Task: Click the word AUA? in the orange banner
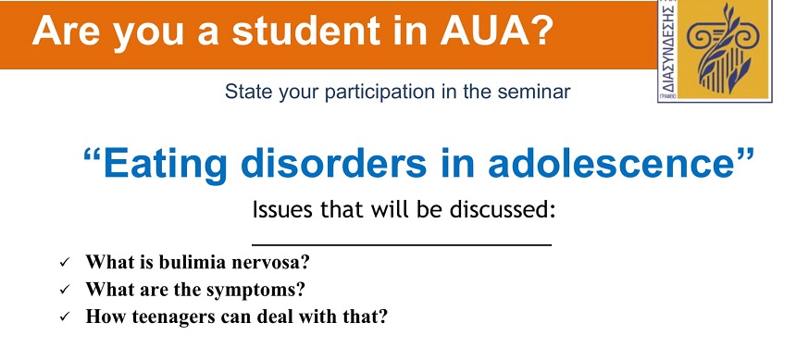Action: coord(496,31)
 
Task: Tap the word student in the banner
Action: coord(306,31)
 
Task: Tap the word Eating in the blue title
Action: coord(164,164)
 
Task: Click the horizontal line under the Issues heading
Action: coord(402,245)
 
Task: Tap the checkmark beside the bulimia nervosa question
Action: coord(65,263)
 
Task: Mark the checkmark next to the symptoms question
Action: coord(65,290)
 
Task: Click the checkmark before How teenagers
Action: coord(65,317)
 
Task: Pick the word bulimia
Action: coord(192,262)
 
